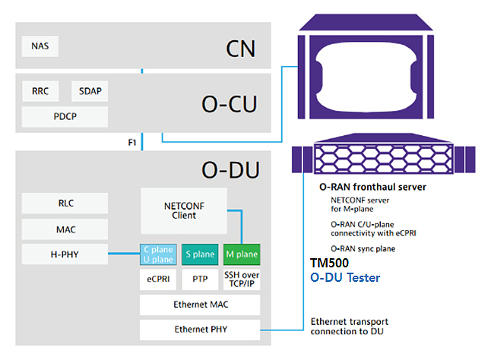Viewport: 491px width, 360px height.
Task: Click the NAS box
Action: (40, 46)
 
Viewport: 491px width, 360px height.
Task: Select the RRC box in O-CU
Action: (41, 92)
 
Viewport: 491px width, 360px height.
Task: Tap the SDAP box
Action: (90, 92)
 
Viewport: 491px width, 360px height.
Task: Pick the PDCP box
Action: (64, 117)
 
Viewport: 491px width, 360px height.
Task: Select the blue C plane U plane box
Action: (158, 254)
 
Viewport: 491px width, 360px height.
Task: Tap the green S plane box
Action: (200, 254)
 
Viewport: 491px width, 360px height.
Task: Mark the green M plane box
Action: (242, 254)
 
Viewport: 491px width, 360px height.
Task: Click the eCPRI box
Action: (158, 279)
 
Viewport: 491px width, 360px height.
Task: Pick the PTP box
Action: (200, 279)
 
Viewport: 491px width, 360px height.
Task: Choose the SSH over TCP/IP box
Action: (242, 279)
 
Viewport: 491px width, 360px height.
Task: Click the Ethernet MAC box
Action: (200, 305)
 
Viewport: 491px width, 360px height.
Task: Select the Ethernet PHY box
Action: (200, 330)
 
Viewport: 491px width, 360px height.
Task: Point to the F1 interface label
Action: (132, 142)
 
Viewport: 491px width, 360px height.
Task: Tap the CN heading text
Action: (240, 49)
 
